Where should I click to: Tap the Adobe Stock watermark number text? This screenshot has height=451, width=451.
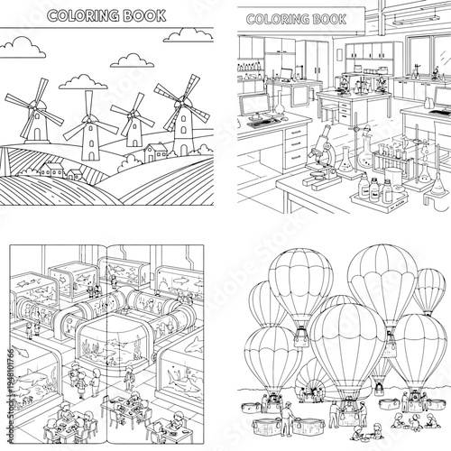coord(8,388)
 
